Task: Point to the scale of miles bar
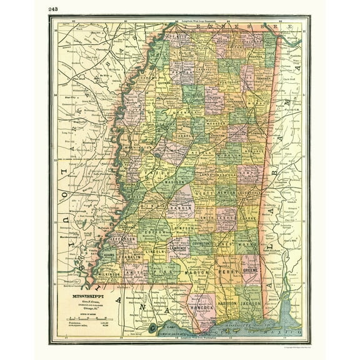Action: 84,319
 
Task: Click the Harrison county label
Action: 231,304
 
